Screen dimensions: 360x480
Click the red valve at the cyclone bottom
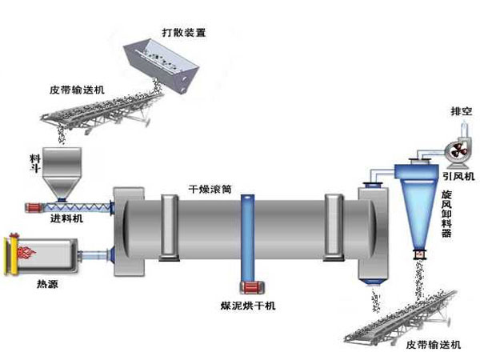click(x=418, y=255)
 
